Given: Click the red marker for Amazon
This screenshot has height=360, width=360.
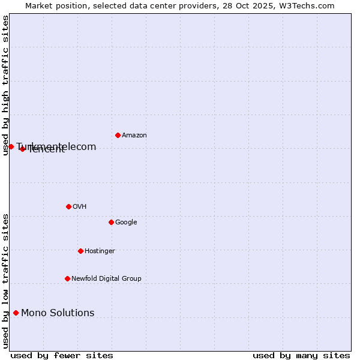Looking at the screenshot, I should [118, 135].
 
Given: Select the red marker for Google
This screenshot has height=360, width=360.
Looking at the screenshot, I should [111, 222].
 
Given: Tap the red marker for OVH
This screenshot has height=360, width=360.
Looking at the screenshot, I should [68, 206].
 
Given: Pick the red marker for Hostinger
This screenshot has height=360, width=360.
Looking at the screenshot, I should [80, 251].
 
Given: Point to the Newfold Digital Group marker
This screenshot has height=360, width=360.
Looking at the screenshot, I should [67, 278].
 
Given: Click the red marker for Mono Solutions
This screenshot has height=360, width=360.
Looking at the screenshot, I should [16, 313].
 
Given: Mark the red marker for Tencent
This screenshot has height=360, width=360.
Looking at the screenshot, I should [22, 149].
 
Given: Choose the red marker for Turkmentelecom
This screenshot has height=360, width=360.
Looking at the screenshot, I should [11, 146].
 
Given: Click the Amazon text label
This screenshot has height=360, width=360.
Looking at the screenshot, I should [134, 136].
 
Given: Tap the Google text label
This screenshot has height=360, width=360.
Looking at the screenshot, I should [126, 223].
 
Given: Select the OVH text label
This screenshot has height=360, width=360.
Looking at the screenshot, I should [79, 207].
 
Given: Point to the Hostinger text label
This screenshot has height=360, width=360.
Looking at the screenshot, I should [100, 251].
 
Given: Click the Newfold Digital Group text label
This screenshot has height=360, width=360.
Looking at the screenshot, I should [106, 279].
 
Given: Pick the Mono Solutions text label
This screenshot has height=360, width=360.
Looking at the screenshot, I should [58, 313].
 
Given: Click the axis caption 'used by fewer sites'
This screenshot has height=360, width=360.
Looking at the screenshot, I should [62, 356].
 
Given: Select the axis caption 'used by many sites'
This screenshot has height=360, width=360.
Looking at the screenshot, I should [301, 356].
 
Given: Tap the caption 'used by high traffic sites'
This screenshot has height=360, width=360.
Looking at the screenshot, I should [5, 85].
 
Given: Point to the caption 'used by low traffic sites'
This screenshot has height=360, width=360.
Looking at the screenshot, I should [5, 281].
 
